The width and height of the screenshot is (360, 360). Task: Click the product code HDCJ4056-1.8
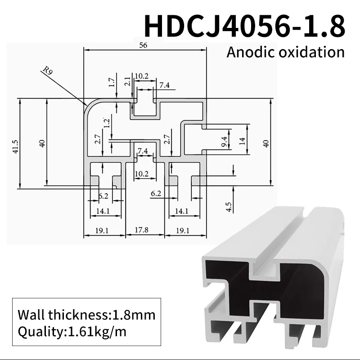click(x=245, y=26)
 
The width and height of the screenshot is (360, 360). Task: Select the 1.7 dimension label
click(x=112, y=82)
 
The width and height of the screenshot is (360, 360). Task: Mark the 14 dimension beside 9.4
click(x=242, y=141)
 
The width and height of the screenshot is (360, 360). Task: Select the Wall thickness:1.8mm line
click(x=86, y=314)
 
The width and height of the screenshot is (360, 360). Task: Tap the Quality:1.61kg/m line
click(x=72, y=333)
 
